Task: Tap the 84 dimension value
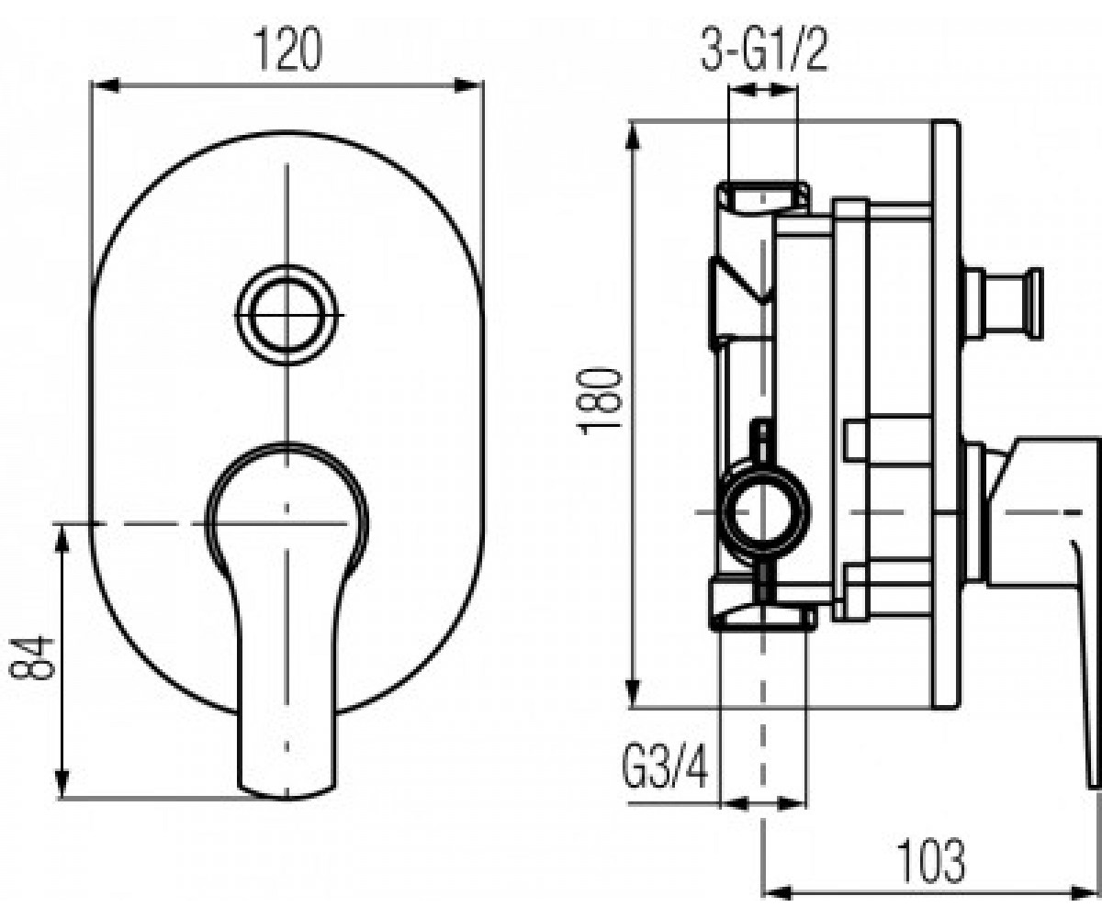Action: pos(32,657)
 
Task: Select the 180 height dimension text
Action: pos(601,402)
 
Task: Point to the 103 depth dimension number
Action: pos(930,860)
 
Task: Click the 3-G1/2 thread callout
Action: pos(764,50)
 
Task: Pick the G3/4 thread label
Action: pos(665,765)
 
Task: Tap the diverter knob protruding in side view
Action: pos(1003,303)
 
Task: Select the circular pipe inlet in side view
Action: pos(764,513)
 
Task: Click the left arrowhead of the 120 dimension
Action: pos(105,85)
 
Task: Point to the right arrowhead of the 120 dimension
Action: pos(469,85)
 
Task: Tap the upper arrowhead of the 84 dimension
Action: pos(62,539)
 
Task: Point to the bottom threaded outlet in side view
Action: pos(762,617)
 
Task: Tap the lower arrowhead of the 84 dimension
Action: pos(62,784)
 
